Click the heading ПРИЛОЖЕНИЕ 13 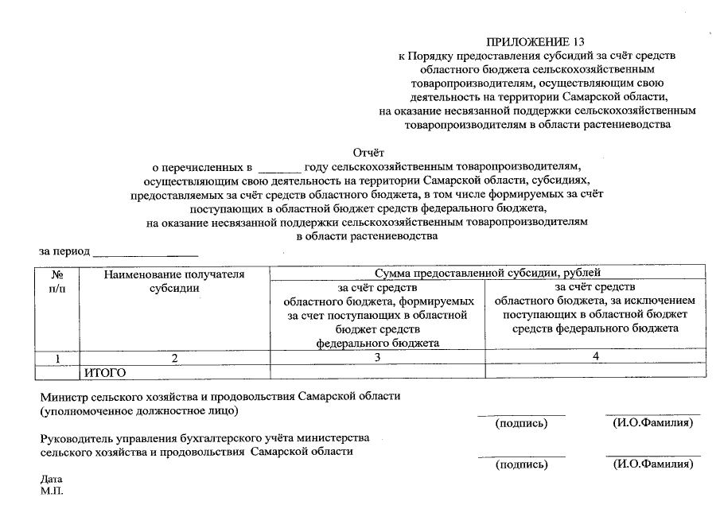pyautogui.click(x=540, y=41)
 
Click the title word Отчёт pyautogui.click(x=368, y=152)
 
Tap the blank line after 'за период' pyautogui.click(x=146, y=254)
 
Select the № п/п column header pyautogui.click(x=57, y=281)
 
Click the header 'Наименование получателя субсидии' pyautogui.click(x=174, y=281)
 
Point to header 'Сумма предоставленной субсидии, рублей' pyautogui.click(x=487, y=273)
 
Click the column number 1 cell pyautogui.click(x=57, y=359)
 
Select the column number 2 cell pyautogui.click(x=174, y=359)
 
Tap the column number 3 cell pyautogui.click(x=377, y=359)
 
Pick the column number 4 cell pyautogui.click(x=595, y=358)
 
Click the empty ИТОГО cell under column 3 pyautogui.click(x=377, y=371)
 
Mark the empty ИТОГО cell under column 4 pyautogui.click(x=595, y=371)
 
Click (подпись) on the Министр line pyautogui.click(x=521, y=423)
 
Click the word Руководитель pyautogui.click(x=76, y=438)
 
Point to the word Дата pyautogui.click(x=51, y=480)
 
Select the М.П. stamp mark pyautogui.click(x=51, y=492)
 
